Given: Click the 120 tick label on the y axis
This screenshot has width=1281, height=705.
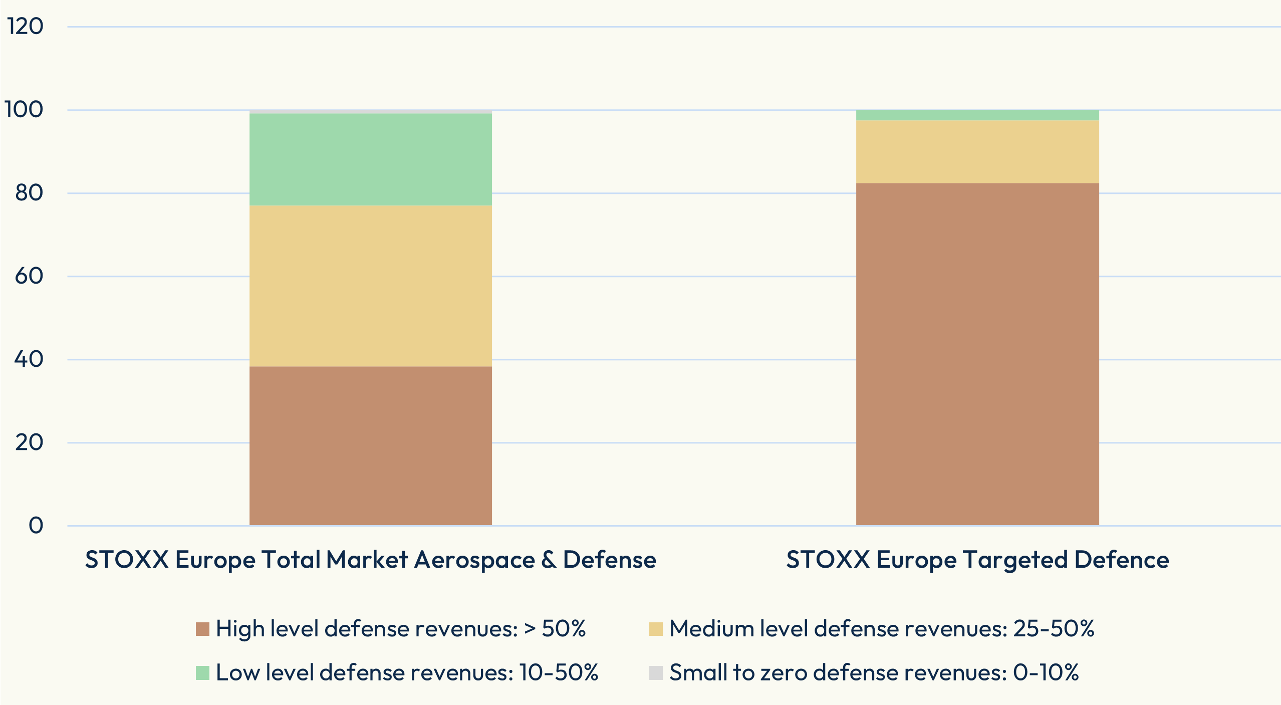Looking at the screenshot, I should (x=25, y=26).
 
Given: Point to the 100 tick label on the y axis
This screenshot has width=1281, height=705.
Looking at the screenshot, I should (x=24, y=109).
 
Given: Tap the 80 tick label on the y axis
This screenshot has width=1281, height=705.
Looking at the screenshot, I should (x=29, y=192).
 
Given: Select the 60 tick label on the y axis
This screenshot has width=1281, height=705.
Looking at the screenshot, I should (x=29, y=276).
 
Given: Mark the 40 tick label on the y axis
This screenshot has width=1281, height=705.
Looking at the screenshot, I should (x=29, y=359).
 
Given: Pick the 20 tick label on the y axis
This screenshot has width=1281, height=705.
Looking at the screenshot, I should (x=29, y=442).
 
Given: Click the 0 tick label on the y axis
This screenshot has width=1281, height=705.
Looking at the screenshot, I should (x=36, y=525).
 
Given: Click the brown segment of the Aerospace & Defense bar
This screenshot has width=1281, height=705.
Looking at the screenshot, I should (x=370, y=445).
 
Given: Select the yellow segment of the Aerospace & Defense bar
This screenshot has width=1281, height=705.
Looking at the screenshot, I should (x=370, y=286).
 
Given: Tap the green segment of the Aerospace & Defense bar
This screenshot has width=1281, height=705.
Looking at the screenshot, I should (x=370, y=159).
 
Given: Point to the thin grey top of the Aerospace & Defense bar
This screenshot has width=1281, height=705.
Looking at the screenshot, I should (x=370, y=112).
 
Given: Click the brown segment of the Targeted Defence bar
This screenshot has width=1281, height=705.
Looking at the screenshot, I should (x=977, y=354).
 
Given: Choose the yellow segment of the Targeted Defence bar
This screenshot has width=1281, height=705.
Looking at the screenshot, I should (x=977, y=151).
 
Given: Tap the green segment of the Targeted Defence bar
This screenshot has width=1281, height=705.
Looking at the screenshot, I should (x=977, y=115).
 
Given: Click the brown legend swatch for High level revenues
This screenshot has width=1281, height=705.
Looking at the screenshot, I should (x=202, y=629).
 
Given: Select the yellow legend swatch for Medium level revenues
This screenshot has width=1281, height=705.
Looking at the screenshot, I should (x=656, y=629).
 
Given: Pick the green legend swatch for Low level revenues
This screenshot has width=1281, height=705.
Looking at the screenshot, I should (x=202, y=673).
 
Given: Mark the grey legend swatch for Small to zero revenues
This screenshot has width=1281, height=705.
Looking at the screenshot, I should (x=656, y=673).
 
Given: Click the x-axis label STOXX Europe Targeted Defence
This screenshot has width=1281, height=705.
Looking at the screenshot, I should (x=977, y=560).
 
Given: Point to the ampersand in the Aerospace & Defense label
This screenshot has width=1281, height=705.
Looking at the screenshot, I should (x=549, y=560).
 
